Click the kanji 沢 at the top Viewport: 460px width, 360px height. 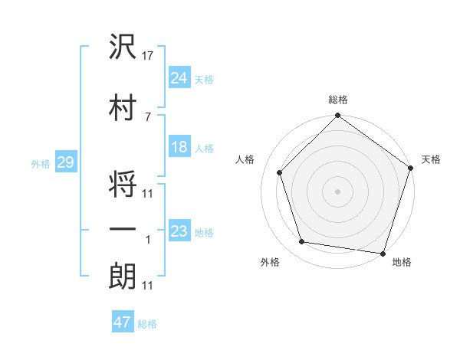[123, 48]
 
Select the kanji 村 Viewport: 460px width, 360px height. [123, 107]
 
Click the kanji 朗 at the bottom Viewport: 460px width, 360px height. [123, 275]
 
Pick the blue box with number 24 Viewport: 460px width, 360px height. [179, 77]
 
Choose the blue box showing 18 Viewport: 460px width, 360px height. [179, 147]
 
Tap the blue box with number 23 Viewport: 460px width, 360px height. [179, 231]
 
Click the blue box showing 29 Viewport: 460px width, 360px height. [65, 162]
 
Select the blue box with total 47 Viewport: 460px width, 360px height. [123, 322]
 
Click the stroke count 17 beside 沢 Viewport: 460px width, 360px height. [148, 57]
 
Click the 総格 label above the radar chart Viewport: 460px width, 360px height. [338, 100]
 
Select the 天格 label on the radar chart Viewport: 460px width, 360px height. [431, 159]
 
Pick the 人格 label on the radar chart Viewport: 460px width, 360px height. [245, 159]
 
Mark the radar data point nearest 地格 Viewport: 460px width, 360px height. [382, 252]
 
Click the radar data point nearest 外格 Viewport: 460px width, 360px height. [302, 242]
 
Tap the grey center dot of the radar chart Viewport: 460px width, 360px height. [337, 191]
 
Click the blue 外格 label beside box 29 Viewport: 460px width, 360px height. [40, 163]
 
